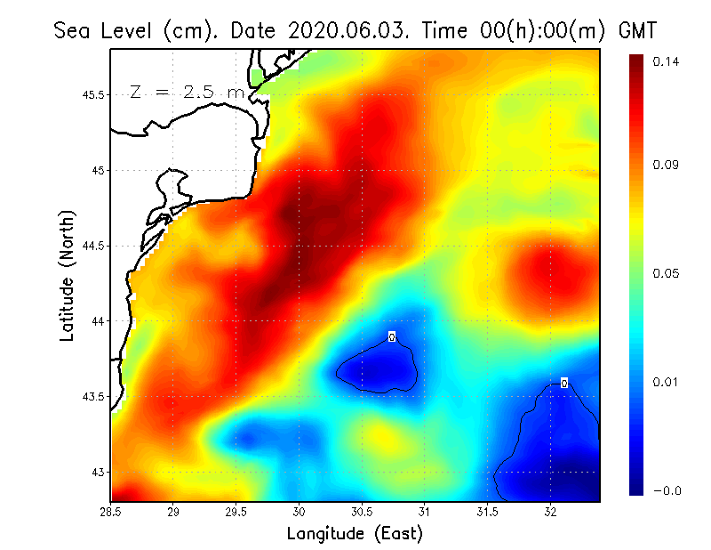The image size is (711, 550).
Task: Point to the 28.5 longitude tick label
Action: click(x=111, y=513)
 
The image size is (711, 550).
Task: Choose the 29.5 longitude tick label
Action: click(x=236, y=513)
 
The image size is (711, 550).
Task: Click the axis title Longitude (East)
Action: click(x=355, y=533)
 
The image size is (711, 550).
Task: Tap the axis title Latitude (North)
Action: click(x=67, y=275)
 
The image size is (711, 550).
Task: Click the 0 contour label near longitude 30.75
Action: click(x=391, y=336)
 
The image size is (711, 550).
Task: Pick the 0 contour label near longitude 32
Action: click(x=563, y=384)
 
